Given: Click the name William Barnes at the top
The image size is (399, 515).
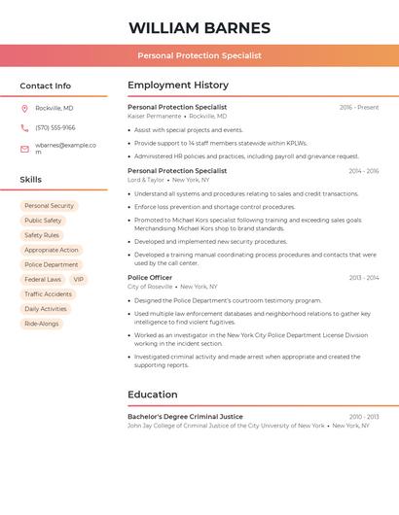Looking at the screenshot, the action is coord(199,28).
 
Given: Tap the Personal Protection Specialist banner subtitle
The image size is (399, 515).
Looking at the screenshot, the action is coord(199,55).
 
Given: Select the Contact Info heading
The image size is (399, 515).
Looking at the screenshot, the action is coord(46,86).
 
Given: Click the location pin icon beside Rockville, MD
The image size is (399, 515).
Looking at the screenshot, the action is coord(24,108).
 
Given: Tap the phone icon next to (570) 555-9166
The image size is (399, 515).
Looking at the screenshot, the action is coord(24,127).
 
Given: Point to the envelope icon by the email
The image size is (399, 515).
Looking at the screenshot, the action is coord(24,149).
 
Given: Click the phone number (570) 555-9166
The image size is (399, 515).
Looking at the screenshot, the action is coord(55,127).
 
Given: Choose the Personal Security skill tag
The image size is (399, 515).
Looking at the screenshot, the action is coord(49,206).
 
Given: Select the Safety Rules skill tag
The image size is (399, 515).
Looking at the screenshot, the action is coord(42,235).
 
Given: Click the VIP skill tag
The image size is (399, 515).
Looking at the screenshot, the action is coord(79,279).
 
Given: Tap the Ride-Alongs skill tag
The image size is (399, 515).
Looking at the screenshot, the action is coord(42,324).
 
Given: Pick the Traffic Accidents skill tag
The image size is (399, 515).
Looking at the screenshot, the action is coord(49,294).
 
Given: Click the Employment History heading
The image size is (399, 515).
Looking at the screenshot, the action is coord(178,86).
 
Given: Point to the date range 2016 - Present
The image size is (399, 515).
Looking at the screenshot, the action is coord(359,108).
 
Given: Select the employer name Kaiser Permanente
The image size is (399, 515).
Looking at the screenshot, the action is coord(155,116).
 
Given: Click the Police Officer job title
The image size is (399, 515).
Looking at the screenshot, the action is coord(151,278).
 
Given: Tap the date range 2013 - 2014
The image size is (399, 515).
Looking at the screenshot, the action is coord(364,278).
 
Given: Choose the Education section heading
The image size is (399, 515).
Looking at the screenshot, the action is coord(153,395).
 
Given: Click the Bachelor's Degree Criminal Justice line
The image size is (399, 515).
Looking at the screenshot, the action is coord(185,417).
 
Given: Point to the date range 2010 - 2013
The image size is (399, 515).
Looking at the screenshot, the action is coord(364,417).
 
